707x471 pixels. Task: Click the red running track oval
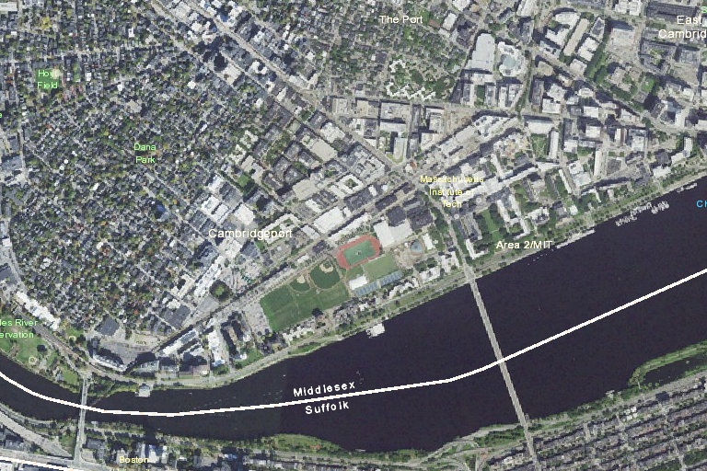357,252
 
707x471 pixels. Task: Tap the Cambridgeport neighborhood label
249,234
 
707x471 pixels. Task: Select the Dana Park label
145,153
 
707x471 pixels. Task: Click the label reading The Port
400,18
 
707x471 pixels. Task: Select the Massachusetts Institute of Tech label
450,190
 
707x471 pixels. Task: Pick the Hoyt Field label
48,78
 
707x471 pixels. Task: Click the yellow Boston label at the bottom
133,459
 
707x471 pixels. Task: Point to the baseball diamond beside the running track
323,274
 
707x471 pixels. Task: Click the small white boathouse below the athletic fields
375,329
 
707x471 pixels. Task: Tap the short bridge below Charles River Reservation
82,419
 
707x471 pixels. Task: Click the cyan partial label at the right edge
701,204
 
